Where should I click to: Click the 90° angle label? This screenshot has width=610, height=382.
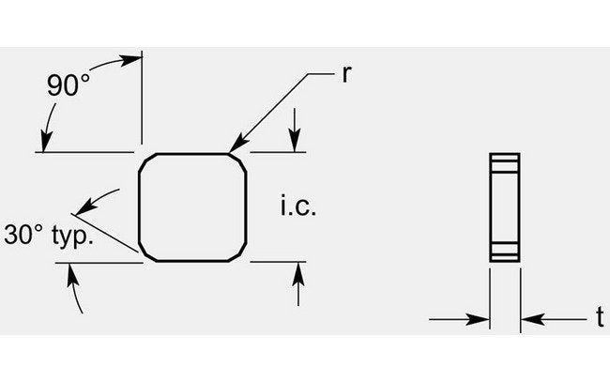point(69,85)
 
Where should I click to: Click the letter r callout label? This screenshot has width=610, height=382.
point(347,74)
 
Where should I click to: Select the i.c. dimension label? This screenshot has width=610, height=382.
point(298,206)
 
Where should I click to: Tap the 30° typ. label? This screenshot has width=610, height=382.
point(49,236)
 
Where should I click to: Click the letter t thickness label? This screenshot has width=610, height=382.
point(601,316)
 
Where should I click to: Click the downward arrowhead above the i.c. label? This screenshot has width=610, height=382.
point(295,141)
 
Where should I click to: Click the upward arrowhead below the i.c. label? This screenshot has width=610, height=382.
point(298,273)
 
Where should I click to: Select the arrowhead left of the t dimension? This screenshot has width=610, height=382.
point(478,320)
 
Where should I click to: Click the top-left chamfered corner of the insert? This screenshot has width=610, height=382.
point(147,162)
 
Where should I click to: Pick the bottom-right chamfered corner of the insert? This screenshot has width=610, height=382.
point(237,252)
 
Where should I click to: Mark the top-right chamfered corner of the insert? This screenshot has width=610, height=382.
point(237,162)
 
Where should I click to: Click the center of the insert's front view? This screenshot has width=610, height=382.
point(192,207)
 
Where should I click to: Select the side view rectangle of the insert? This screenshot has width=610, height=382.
point(505,207)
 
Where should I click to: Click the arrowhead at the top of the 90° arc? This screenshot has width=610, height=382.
point(131,61)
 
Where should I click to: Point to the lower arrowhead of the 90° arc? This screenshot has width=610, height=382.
point(47,141)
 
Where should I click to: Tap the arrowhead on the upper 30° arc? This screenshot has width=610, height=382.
point(86,206)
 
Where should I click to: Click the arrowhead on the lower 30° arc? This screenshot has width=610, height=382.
point(70,274)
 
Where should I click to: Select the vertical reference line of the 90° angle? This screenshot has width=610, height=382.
point(142,98)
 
